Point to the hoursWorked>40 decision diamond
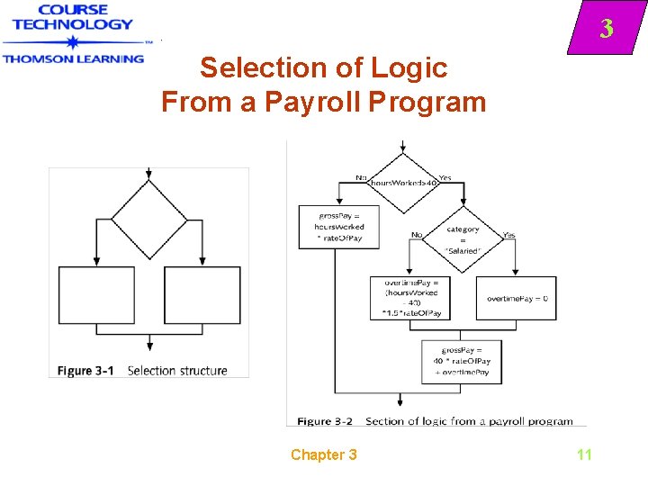pos(401,183)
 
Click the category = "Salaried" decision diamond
pos(463,240)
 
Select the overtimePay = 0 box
pos(517,298)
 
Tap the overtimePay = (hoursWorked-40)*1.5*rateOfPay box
pos(410,298)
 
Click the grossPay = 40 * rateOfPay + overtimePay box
pos(462,361)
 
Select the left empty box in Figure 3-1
pos(96,295)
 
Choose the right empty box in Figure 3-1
pos(202,295)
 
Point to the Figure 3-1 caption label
pos(86,370)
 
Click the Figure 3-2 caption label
pos(325,420)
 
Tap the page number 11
pos(584,454)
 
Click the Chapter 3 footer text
pos(323,454)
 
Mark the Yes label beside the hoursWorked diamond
pos(445,177)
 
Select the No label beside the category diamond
pos(417,235)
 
